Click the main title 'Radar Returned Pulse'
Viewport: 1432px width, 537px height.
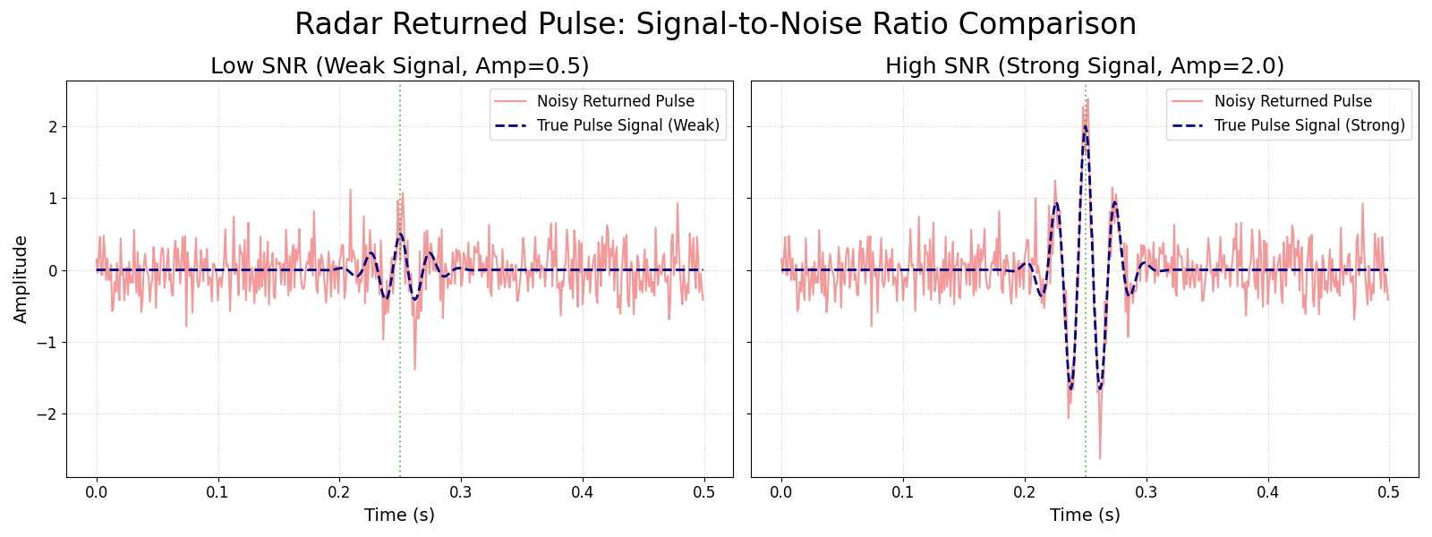[x=715, y=24]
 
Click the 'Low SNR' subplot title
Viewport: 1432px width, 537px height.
[x=399, y=66]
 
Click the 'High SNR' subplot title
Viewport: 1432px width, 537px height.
[x=1084, y=66]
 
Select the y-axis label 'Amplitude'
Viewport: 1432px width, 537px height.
[x=21, y=278]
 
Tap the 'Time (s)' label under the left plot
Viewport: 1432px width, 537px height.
[x=399, y=515]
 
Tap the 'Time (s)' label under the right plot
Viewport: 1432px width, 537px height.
[x=1084, y=515]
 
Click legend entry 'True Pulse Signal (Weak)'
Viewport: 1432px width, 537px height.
[x=627, y=125]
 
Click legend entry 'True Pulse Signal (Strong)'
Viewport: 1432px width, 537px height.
[x=1308, y=125]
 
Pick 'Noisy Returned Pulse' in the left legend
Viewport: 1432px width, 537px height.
[x=615, y=101]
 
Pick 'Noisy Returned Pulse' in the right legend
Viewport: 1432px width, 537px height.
[x=1292, y=101]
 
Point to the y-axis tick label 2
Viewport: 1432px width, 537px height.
[x=53, y=127]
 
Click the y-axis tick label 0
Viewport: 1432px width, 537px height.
[x=53, y=270]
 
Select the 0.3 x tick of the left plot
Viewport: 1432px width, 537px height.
[x=461, y=491]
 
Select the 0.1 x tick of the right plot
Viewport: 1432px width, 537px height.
[x=903, y=491]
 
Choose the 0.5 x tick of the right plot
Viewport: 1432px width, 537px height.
[x=1388, y=491]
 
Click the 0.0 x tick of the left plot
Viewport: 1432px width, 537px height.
[x=97, y=491]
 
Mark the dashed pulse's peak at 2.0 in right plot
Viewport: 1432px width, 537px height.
[x=1085, y=126]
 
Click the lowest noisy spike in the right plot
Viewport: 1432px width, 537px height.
[x=1100, y=458]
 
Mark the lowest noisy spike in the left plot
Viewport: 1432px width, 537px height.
[x=414, y=369]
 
